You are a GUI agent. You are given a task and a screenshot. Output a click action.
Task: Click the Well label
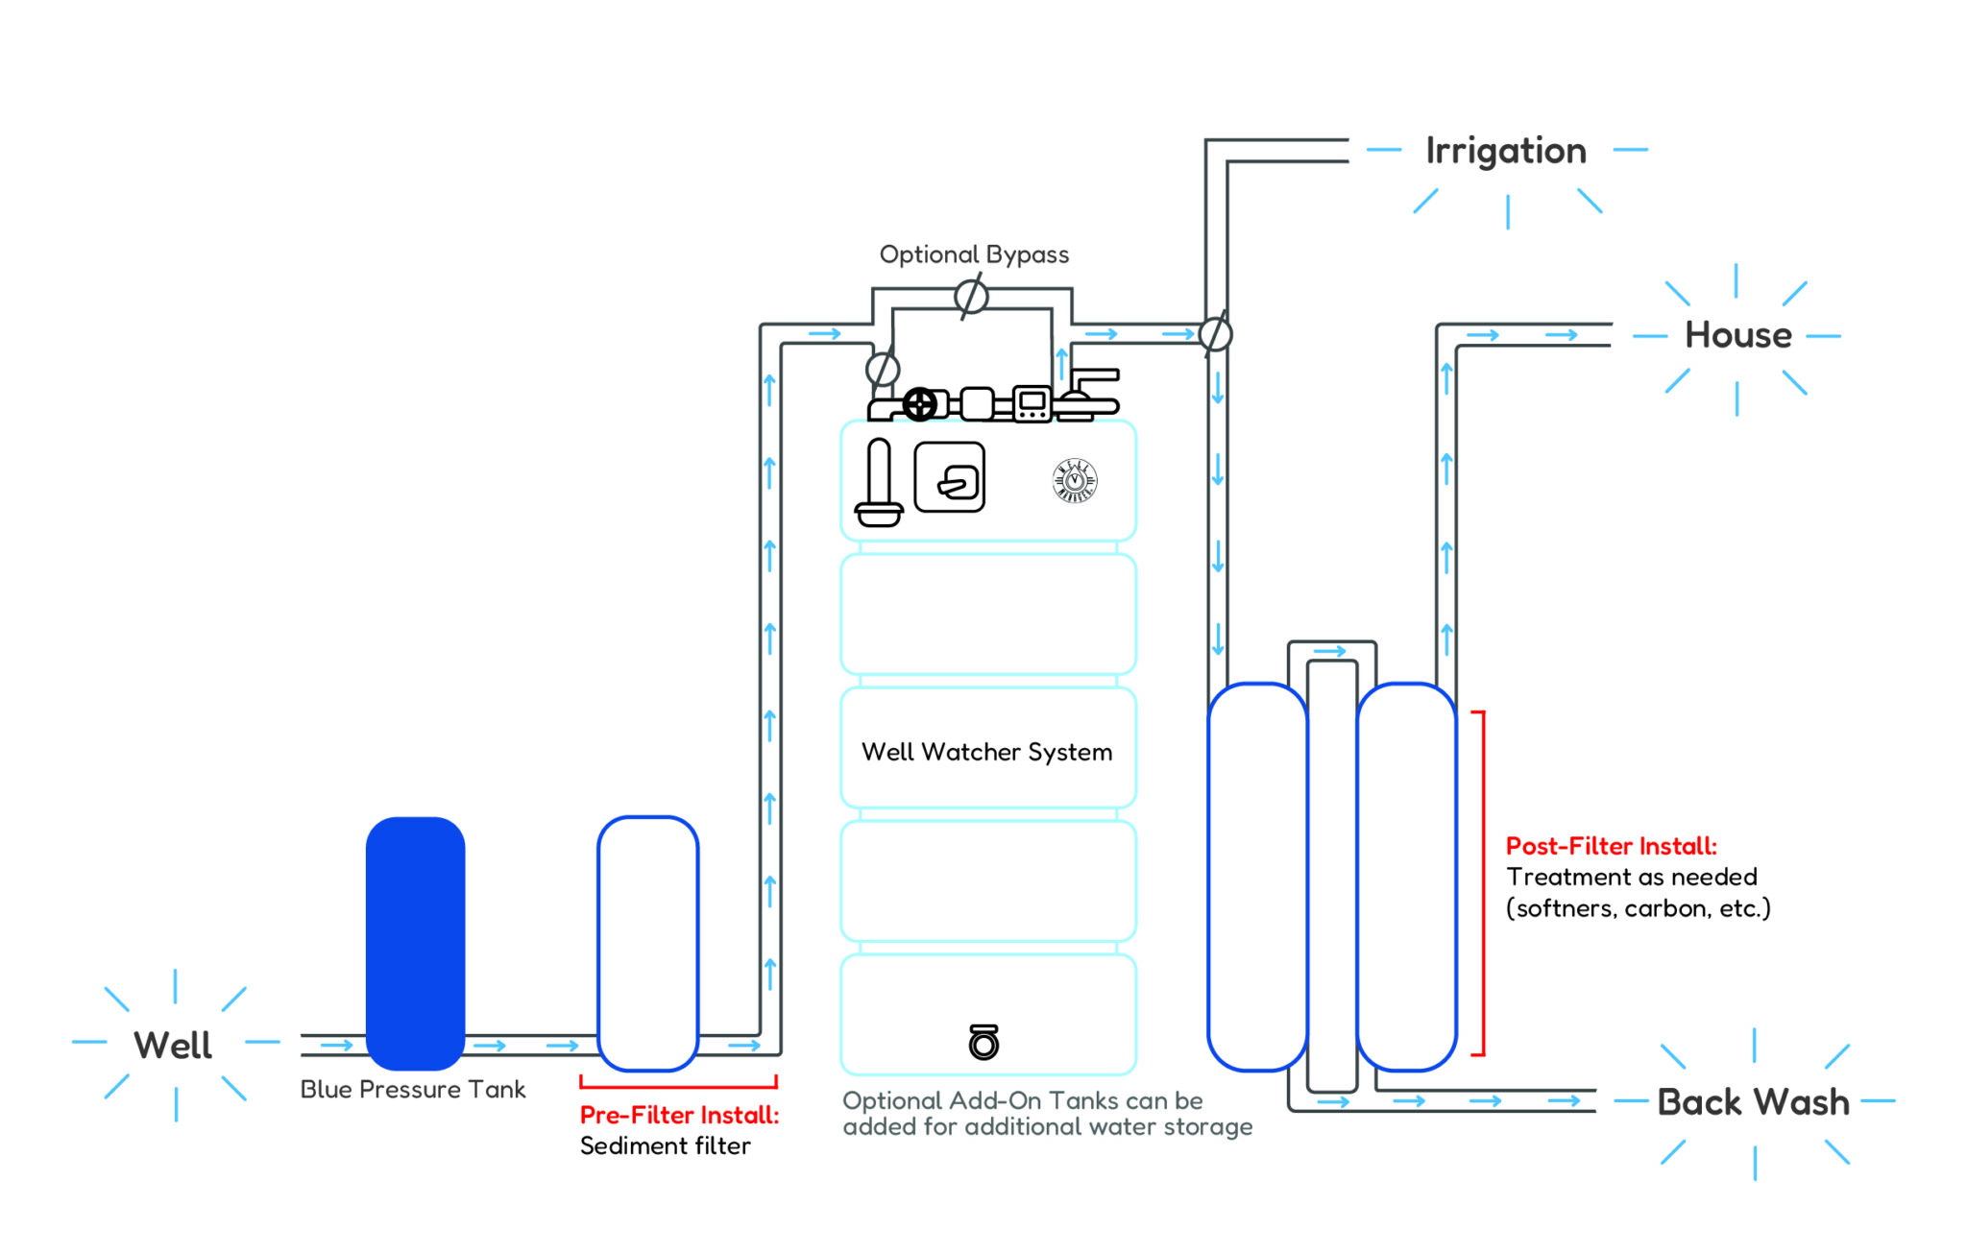click(x=173, y=1045)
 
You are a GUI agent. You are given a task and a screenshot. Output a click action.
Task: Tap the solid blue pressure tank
click(x=415, y=943)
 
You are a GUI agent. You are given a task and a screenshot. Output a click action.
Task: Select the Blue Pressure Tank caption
click(x=413, y=1090)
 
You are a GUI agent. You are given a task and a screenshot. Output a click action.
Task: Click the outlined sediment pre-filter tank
click(x=648, y=943)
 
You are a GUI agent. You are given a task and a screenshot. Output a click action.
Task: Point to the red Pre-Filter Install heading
click(x=679, y=1115)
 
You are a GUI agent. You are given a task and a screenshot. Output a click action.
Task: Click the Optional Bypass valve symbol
click(x=971, y=297)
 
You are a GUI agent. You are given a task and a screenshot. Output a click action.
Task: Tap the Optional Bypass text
click(x=974, y=254)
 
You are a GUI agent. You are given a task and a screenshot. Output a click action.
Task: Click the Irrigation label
click(x=1505, y=151)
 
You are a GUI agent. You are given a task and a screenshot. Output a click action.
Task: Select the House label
click(x=1737, y=335)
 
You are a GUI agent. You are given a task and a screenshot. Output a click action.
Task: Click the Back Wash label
click(x=1753, y=1101)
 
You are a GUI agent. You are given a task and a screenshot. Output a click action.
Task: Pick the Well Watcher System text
click(x=986, y=752)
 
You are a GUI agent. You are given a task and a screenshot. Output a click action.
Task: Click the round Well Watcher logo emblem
click(x=1075, y=481)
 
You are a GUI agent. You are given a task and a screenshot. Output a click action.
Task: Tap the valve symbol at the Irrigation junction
click(x=1215, y=334)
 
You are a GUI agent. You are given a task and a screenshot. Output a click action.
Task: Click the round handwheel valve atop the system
click(x=920, y=404)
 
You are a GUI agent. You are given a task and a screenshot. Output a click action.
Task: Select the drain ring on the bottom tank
click(x=983, y=1043)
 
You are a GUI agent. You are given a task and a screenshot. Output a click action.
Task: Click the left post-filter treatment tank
click(x=1256, y=876)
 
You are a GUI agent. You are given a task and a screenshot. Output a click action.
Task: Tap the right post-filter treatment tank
click(x=1407, y=876)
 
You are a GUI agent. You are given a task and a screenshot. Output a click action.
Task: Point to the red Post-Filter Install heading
click(x=1611, y=846)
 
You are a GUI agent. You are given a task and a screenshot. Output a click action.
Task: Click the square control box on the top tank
click(x=950, y=477)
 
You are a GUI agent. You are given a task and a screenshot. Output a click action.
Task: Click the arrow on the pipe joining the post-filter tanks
click(x=1330, y=652)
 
